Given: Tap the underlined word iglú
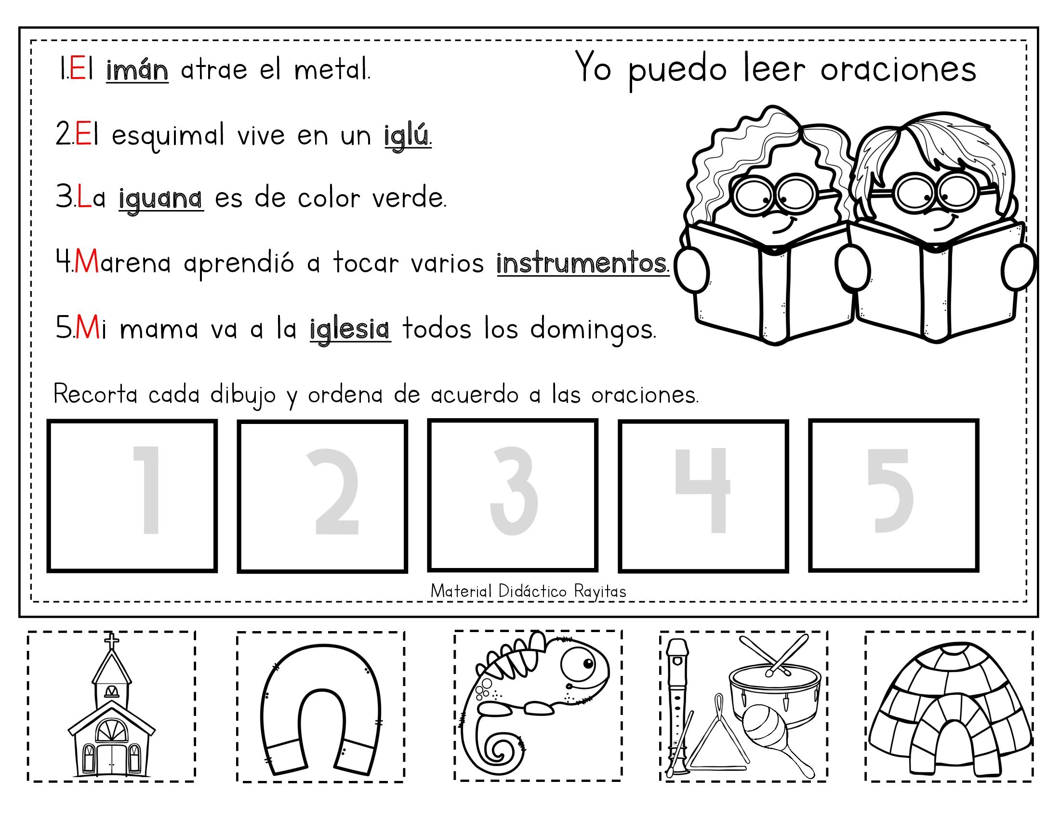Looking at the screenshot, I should click(407, 135).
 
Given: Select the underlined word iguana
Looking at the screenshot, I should click(160, 199).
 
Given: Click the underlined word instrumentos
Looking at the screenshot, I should click(582, 264).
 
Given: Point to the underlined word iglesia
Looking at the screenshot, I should click(349, 330).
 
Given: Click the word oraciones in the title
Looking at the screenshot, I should click(898, 69).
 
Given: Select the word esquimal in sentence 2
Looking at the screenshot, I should click(168, 136).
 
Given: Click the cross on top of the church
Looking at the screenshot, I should click(112, 640).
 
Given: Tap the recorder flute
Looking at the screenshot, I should click(677, 703).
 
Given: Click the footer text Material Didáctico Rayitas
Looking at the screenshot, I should click(528, 592).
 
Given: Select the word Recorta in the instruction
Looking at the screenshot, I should click(95, 395).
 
